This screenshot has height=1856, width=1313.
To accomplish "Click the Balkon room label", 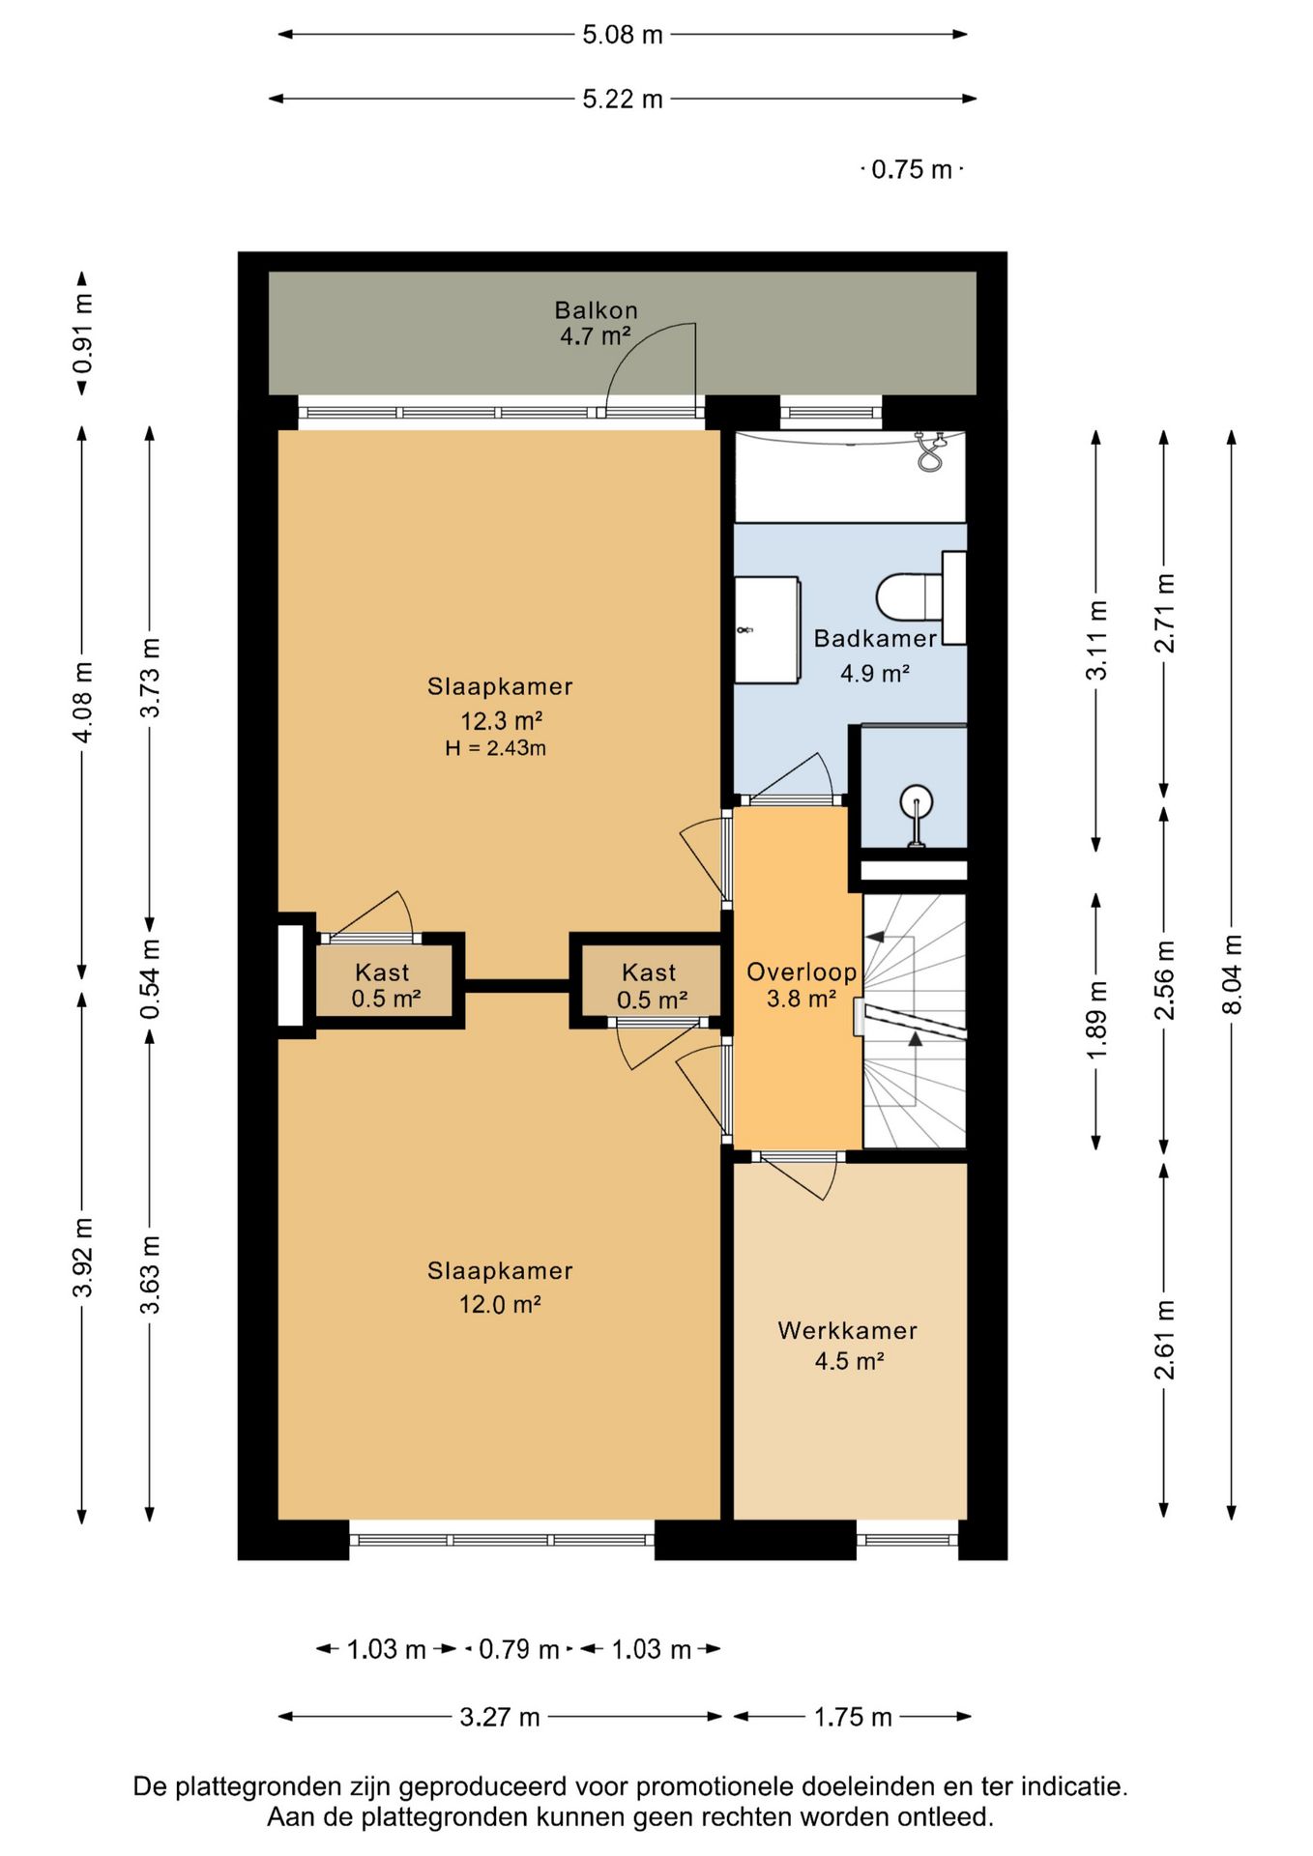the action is tap(596, 310).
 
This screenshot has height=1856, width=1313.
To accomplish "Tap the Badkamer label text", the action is tap(875, 638).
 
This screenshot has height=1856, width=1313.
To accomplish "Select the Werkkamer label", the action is tap(848, 1330).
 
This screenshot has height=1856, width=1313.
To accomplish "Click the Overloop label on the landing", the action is tap(802, 972).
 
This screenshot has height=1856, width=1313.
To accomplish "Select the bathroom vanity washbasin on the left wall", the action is tap(767, 630).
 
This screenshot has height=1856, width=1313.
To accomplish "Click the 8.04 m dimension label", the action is tap(1232, 974).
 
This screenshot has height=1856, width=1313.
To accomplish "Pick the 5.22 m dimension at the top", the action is tap(623, 99).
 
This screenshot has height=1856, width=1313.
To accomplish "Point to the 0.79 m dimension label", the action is tap(519, 1649).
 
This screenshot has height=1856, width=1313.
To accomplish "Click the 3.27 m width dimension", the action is tap(499, 1717).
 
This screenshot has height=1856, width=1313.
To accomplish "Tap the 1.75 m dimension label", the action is tap(853, 1717).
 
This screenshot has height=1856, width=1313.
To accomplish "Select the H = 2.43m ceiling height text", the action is tap(495, 747).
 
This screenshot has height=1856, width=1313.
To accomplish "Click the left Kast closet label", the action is tap(382, 972).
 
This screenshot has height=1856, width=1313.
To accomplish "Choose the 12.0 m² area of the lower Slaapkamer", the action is tap(499, 1304).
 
